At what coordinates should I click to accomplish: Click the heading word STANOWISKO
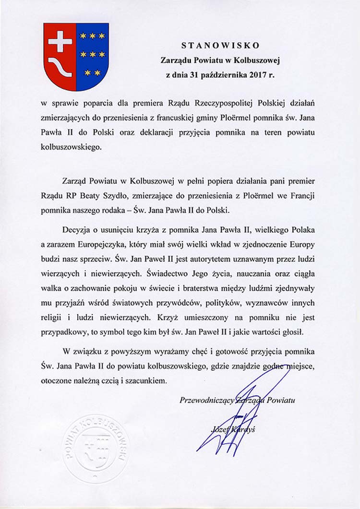(x=220, y=46)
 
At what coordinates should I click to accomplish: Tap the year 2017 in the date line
(x=259, y=75)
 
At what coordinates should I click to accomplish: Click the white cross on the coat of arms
(x=60, y=42)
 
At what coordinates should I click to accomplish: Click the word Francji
(x=300, y=197)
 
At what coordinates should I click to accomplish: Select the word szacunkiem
(x=146, y=380)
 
